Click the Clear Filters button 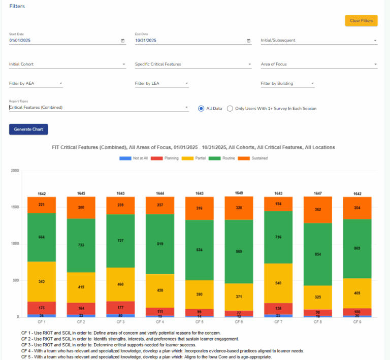[x=361, y=21]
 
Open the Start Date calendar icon [x=122, y=41]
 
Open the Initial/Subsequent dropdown [x=318, y=40]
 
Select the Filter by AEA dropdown [x=36, y=83]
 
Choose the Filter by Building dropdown [x=287, y=83]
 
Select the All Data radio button [x=202, y=108]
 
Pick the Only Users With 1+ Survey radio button [x=230, y=108]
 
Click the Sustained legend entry [x=255, y=158]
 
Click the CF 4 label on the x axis [x=160, y=322]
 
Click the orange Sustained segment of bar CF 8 [x=317, y=210]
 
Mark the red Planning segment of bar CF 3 [x=120, y=307]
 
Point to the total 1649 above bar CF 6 [x=239, y=193]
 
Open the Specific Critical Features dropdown [x=193, y=64]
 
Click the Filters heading [x=17, y=6]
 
